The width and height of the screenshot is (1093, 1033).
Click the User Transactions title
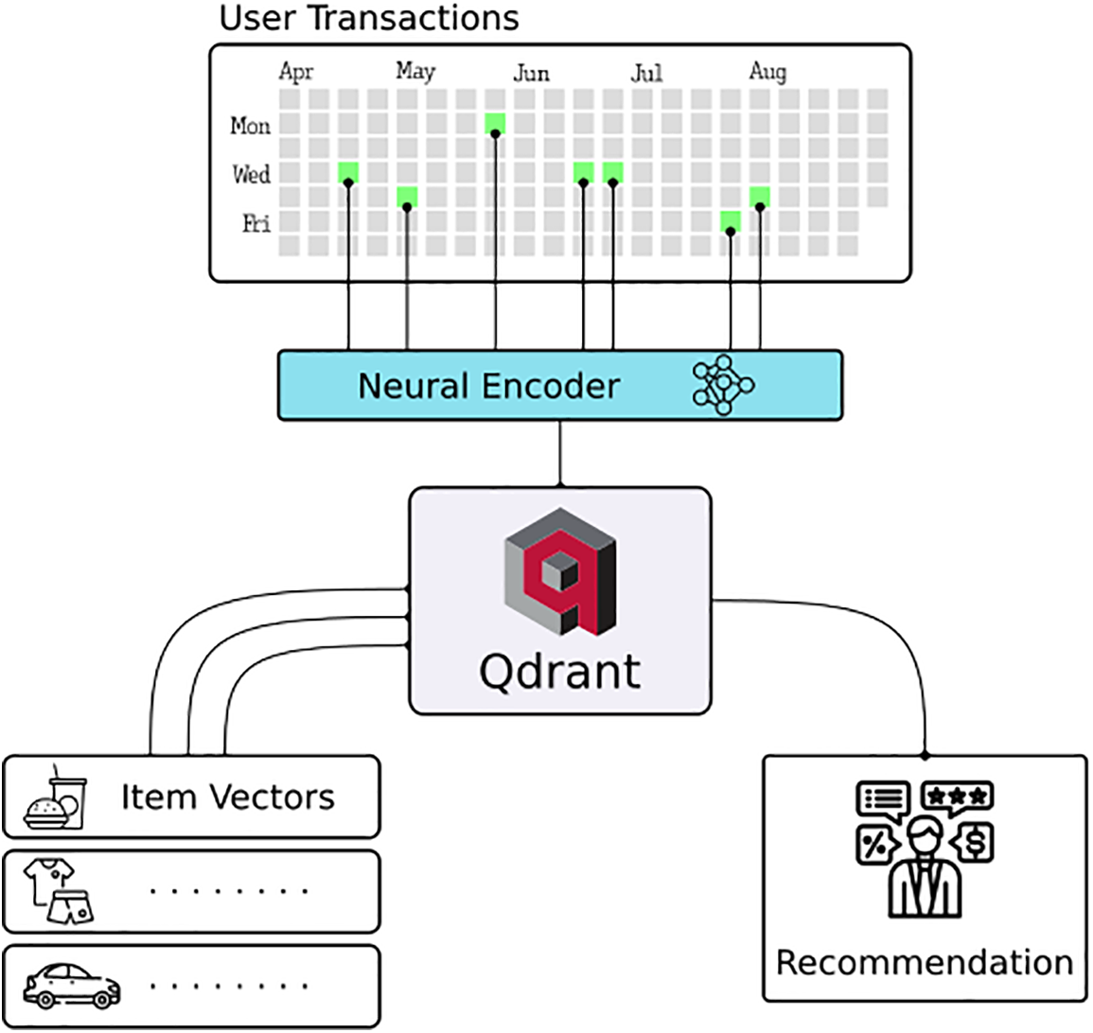(369, 18)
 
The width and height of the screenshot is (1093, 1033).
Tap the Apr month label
(296, 72)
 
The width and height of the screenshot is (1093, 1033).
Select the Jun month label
(531, 73)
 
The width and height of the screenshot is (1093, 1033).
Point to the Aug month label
(767, 72)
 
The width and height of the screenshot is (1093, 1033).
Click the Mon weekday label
(251, 126)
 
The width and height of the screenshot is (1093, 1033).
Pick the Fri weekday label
(256, 224)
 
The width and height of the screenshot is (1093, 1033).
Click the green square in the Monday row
(495, 123)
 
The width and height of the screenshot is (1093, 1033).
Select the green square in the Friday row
(730, 221)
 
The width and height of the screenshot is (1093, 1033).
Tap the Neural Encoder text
(488, 386)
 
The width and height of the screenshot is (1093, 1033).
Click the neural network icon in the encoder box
(724, 385)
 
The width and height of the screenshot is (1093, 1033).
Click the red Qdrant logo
(560, 571)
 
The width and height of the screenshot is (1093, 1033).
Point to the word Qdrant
(560, 671)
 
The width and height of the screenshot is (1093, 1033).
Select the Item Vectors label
(227, 797)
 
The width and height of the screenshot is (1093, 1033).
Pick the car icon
(72, 986)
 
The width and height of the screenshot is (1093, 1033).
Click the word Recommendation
(925, 963)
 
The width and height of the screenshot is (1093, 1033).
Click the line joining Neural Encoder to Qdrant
(560, 454)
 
